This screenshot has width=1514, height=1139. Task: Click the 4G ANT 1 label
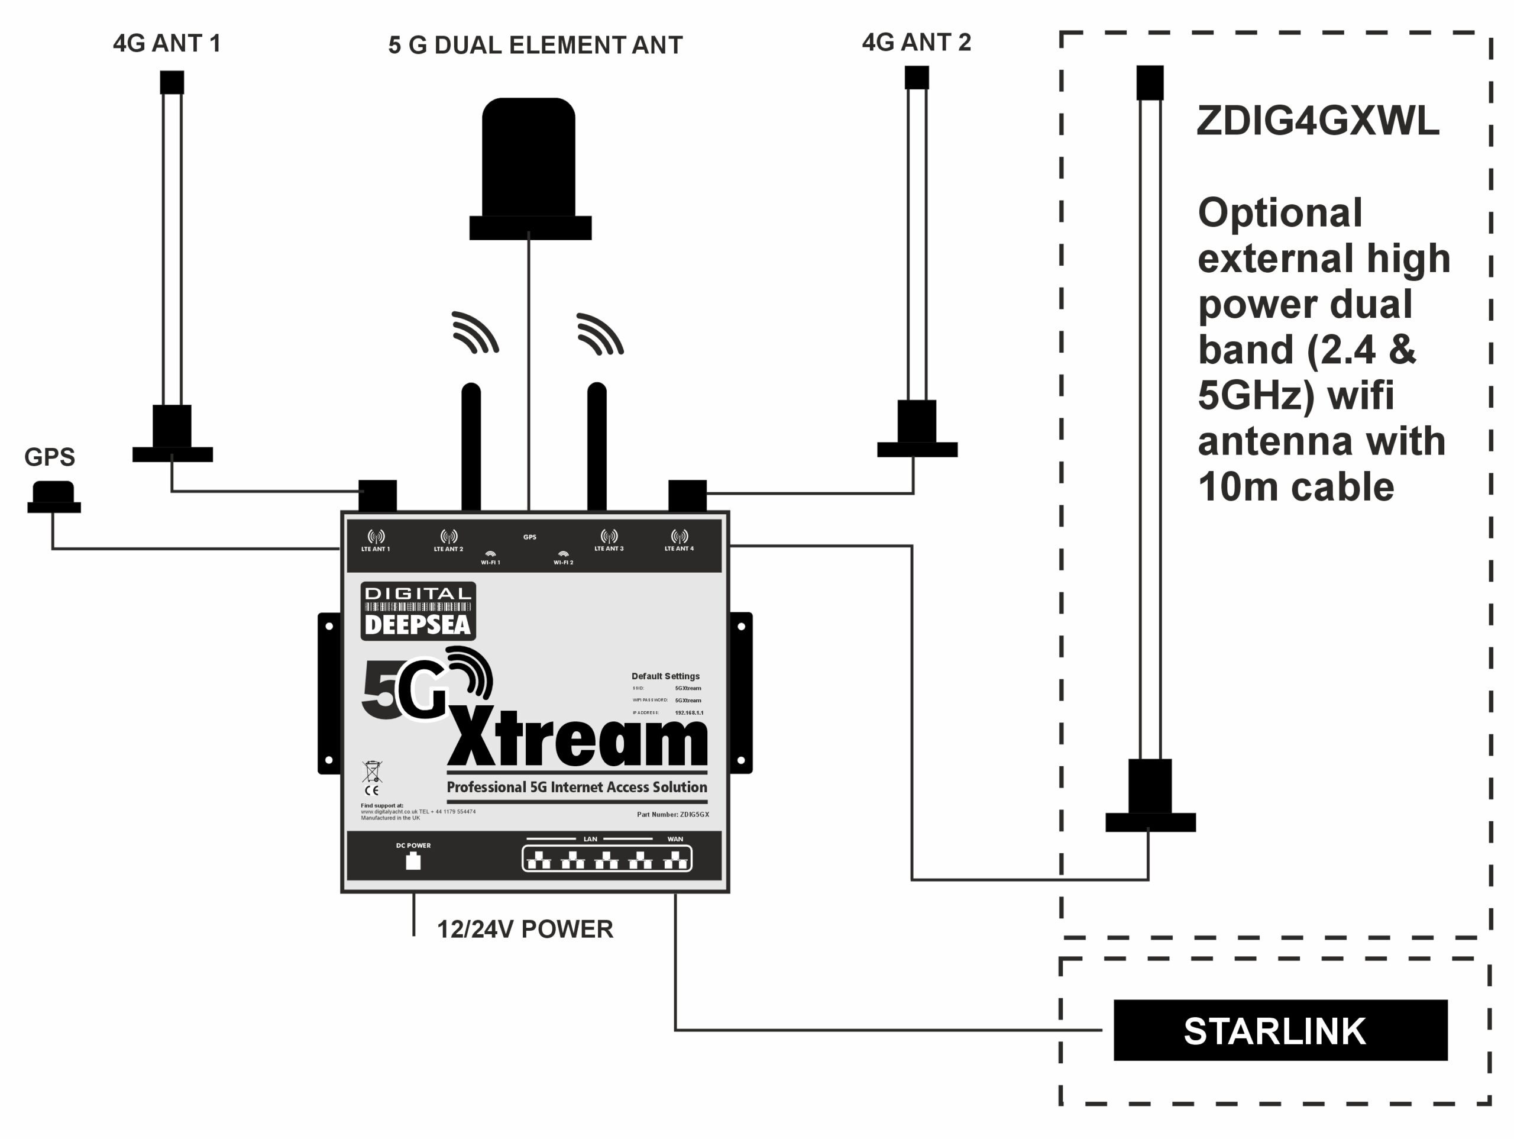166,44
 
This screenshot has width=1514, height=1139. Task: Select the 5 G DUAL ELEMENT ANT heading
535,45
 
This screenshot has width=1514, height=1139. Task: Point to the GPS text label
49,457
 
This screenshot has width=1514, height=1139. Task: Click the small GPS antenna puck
53,496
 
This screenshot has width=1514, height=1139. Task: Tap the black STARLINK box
1280,1031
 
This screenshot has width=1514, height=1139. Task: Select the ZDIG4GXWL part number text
1318,121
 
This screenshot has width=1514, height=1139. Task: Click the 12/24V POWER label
525,930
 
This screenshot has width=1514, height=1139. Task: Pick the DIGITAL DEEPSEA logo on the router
418,611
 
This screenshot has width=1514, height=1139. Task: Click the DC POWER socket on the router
413,861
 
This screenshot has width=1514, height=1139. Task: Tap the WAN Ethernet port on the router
675,860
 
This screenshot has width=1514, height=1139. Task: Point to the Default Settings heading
665,676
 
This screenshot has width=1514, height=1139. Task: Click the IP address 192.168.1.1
688,713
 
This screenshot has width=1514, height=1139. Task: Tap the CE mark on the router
371,790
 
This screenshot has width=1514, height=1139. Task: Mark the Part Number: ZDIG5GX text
673,815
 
